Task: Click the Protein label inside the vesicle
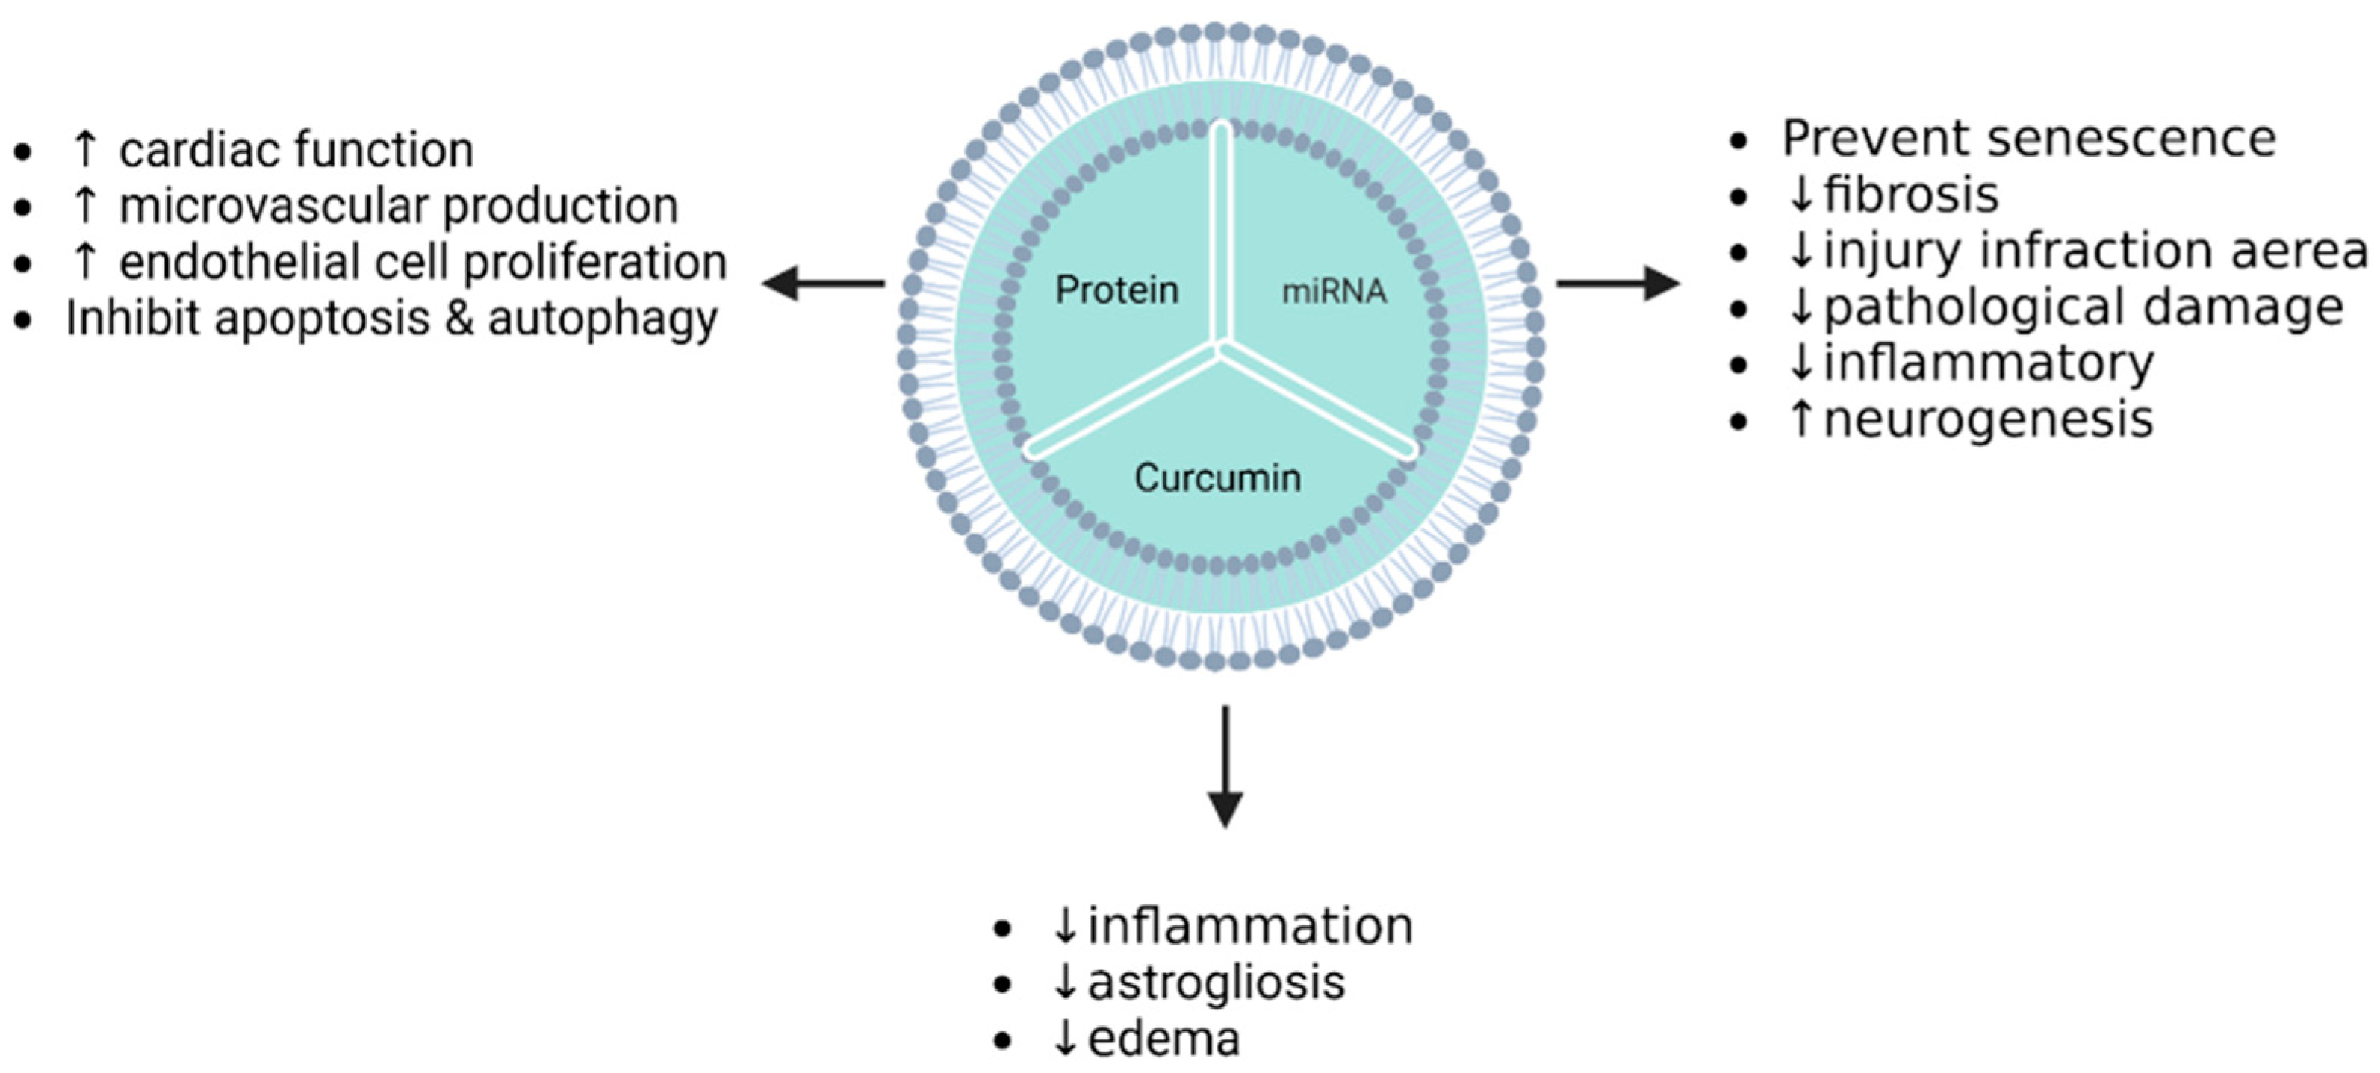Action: (1116, 290)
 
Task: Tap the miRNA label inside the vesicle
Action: (1333, 292)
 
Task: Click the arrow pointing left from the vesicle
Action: (822, 283)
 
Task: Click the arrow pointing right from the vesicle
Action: (1617, 283)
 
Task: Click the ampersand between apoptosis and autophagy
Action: (459, 319)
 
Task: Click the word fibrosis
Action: (1911, 195)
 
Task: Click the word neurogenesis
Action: (1988, 419)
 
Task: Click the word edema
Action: (1163, 1038)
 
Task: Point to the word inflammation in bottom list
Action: (1250, 925)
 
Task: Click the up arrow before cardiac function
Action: (85, 148)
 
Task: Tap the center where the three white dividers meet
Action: (1222, 349)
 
